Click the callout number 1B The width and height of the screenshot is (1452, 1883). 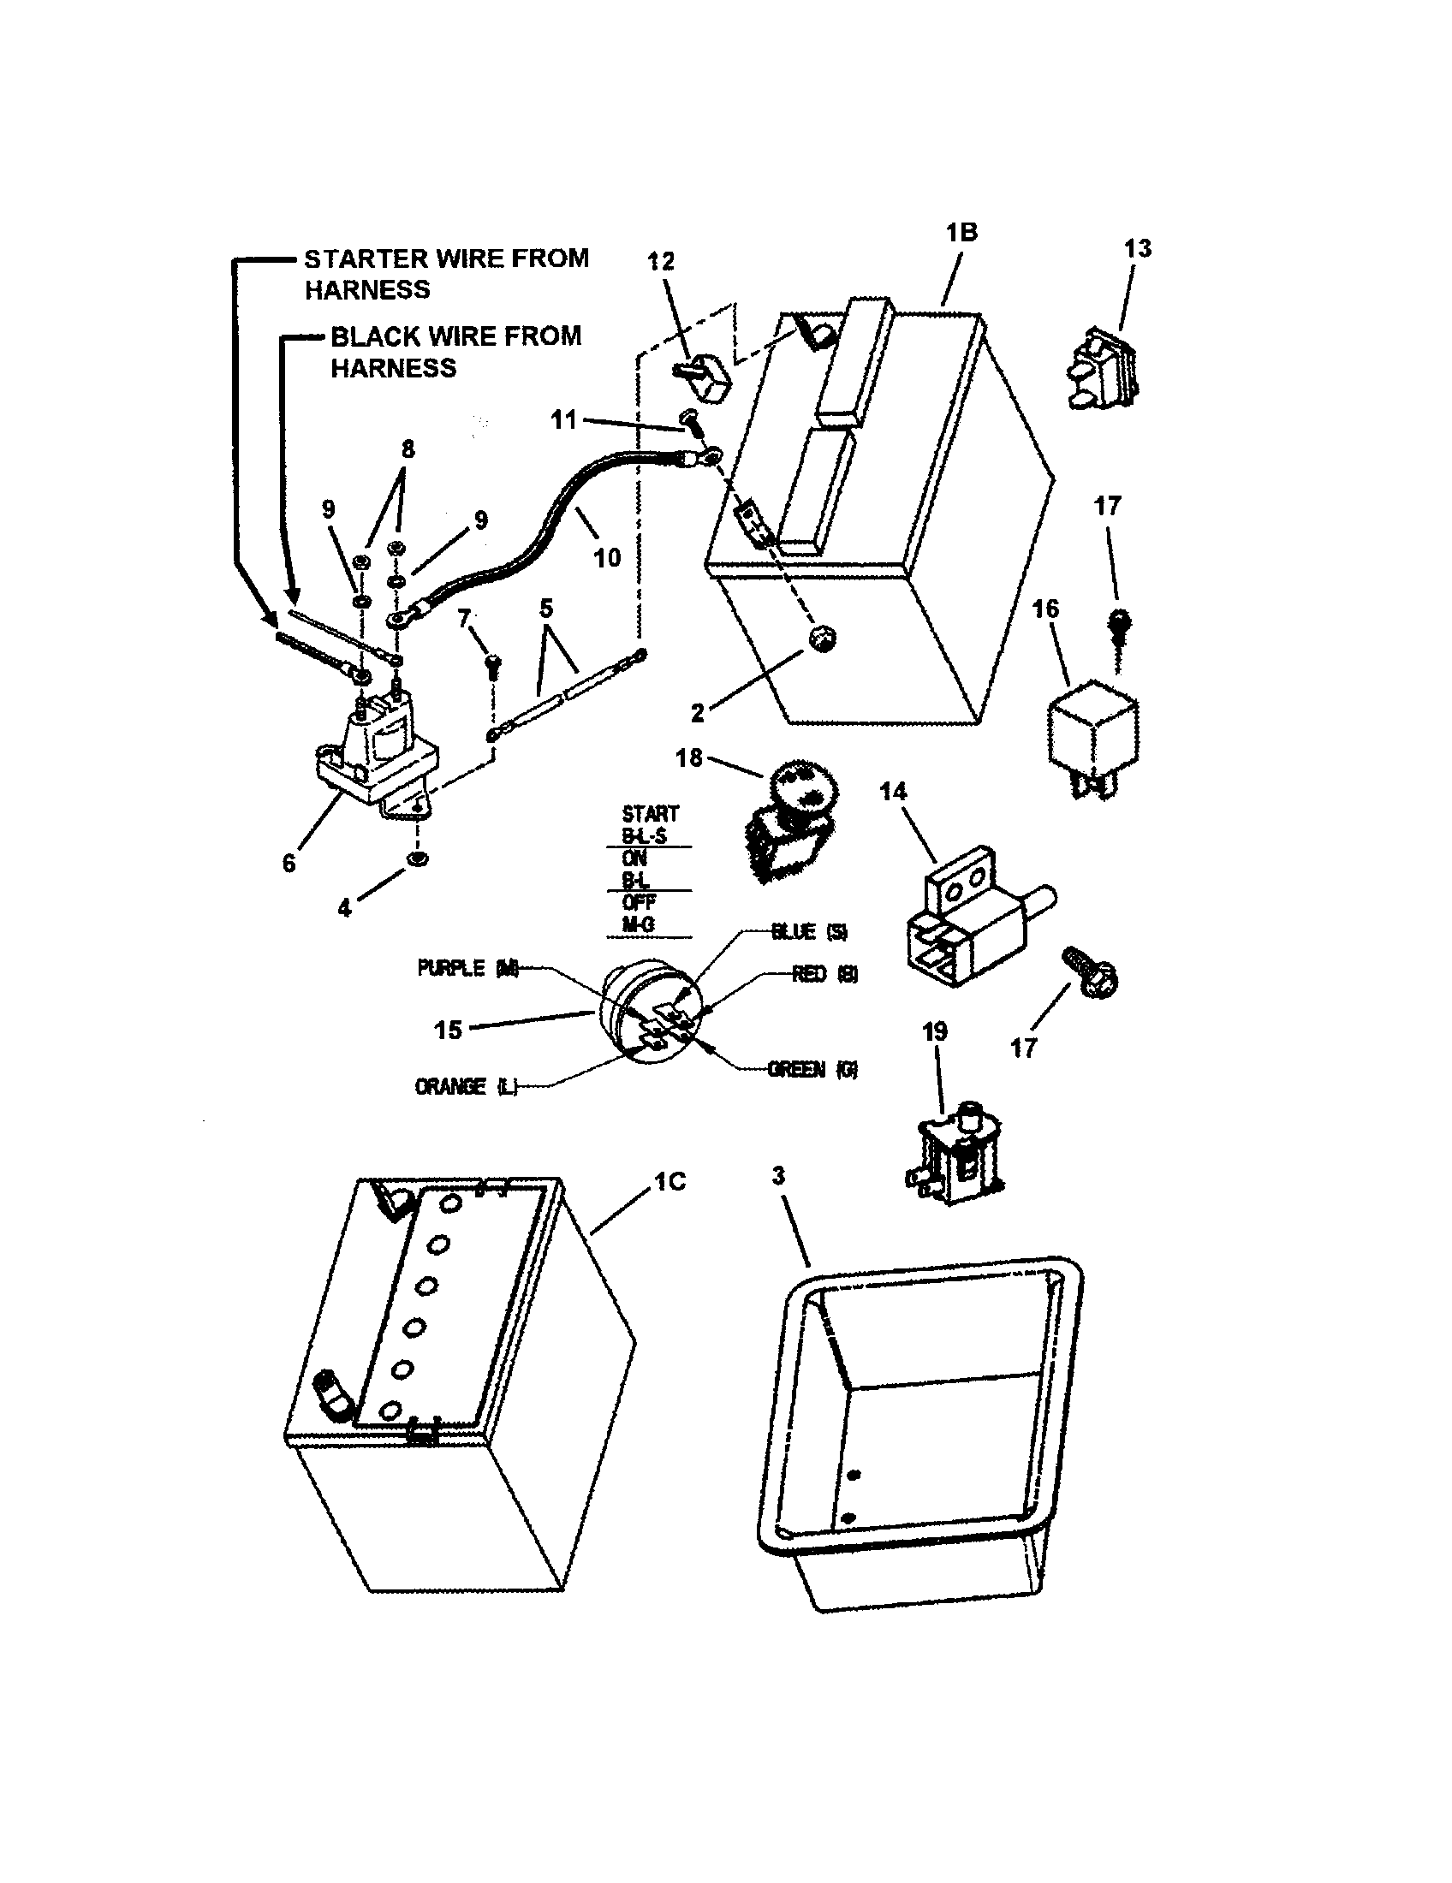(x=961, y=232)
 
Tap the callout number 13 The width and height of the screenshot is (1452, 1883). (x=1137, y=248)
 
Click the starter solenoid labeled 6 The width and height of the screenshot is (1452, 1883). (x=377, y=755)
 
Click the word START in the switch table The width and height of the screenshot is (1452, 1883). (x=650, y=813)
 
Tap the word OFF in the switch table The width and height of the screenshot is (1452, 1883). (x=639, y=902)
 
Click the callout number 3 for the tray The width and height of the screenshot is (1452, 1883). (x=777, y=1175)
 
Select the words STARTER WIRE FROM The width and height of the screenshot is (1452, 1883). (x=446, y=258)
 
